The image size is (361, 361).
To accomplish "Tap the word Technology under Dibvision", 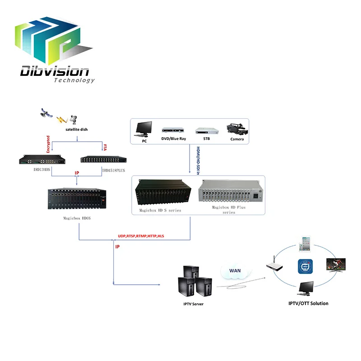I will tap(74, 80).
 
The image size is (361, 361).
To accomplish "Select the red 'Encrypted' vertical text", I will tap(48, 146).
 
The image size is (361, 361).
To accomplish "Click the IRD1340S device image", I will tap(42, 160).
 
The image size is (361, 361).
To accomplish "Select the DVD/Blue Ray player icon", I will tap(174, 131).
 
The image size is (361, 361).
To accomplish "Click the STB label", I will tap(206, 139).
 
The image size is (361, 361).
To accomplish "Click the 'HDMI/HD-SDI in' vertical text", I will tap(197, 160).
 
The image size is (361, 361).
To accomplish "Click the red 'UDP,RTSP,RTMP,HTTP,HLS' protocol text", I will tap(141, 236).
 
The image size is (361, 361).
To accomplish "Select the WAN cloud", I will tap(235, 272).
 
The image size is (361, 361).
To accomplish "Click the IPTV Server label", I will tap(193, 305).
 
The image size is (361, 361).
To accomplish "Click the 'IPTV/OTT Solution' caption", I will tap(308, 304).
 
